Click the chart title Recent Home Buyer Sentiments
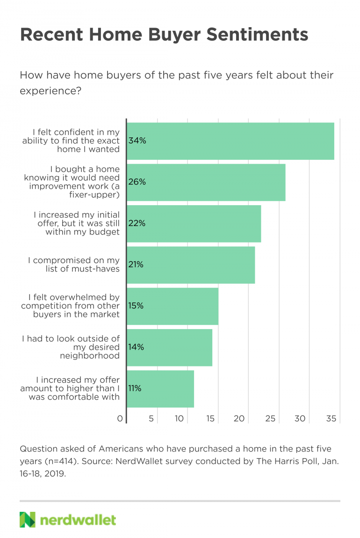(164, 35)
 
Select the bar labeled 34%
(230, 141)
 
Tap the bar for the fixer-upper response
(206, 182)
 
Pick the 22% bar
(194, 223)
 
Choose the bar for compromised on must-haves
(191, 265)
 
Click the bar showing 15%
(173, 306)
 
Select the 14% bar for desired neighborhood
(170, 347)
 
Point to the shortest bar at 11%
(160, 388)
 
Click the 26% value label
(137, 182)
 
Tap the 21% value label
(136, 265)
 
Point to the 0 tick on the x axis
(120, 419)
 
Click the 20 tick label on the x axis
(240, 419)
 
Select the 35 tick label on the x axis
(331, 419)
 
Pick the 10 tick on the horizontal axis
(180, 419)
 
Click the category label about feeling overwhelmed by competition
(70, 306)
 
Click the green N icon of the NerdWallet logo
(28, 520)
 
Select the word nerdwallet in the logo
(78, 520)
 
